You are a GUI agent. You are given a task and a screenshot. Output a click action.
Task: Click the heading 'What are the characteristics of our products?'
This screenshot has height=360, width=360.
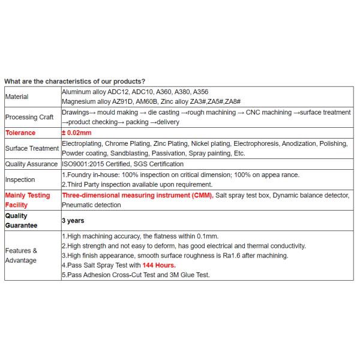click(74, 81)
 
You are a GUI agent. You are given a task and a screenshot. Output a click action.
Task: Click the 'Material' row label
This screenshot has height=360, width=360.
click(17, 97)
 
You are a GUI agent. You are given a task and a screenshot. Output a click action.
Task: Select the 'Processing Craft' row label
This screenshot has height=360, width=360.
click(29, 117)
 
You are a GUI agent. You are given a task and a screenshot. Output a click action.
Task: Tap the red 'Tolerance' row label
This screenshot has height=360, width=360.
click(20, 133)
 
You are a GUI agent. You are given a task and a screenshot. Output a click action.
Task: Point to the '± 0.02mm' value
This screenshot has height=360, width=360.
click(77, 133)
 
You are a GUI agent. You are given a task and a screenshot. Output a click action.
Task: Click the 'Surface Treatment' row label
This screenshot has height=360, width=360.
click(32, 148)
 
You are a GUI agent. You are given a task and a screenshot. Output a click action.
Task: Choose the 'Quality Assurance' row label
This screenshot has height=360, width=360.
click(32, 164)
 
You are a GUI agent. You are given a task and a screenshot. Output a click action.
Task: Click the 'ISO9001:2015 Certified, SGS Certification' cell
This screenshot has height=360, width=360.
click(123, 164)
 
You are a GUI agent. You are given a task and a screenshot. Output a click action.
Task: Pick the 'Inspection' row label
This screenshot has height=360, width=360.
click(20, 179)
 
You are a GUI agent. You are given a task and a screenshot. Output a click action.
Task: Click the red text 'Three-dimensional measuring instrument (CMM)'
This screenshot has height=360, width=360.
click(137, 196)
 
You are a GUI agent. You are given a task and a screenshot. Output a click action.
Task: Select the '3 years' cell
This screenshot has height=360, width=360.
click(73, 221)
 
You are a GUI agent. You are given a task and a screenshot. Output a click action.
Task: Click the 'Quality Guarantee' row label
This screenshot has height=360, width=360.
click(21, 221)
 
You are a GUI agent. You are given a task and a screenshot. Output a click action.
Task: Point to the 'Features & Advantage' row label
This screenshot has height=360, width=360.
click(22, 256)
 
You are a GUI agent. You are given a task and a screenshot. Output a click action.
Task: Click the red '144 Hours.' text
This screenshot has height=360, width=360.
click(160, 265)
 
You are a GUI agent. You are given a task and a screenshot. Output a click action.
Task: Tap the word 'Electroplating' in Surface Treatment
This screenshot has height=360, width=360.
click(82, 143)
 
